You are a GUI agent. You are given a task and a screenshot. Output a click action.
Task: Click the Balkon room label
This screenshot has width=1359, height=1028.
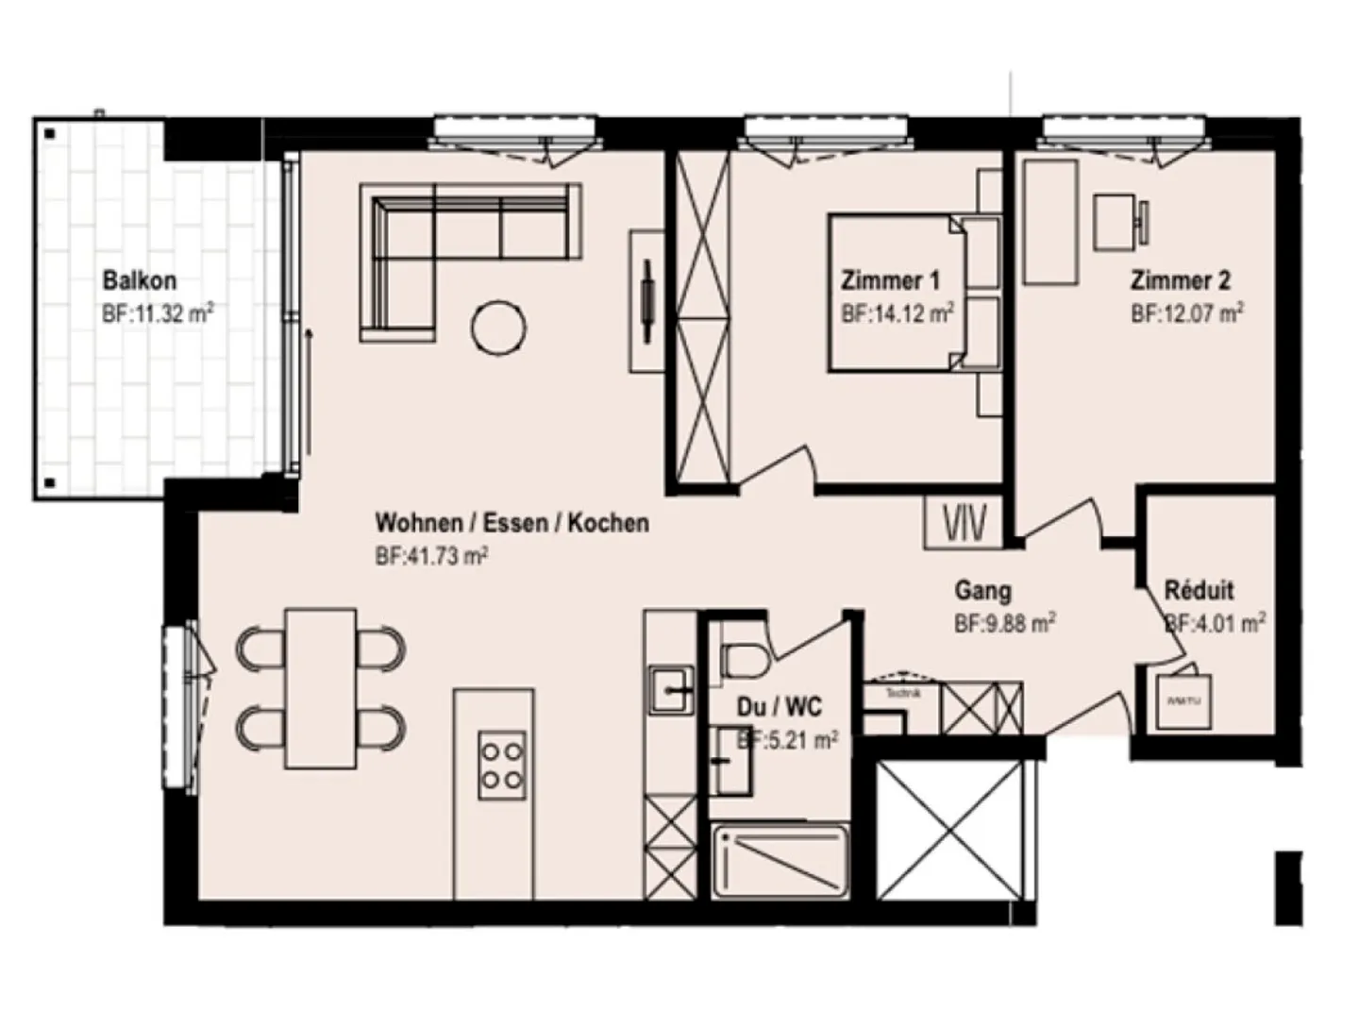(140, 280)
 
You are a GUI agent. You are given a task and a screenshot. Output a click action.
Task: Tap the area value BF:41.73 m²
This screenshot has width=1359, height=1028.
(431, 557)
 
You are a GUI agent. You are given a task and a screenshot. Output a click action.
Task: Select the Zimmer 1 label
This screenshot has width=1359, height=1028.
(890, 280)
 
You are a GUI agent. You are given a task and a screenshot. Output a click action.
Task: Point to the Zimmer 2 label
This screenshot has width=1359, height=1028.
(1180, 280)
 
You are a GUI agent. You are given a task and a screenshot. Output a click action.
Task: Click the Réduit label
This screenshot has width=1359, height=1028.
(1199, 591)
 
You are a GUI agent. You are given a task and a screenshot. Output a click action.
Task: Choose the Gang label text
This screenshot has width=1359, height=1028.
(982, 591)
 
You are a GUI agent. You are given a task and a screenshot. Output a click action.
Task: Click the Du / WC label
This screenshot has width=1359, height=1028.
(779, 707)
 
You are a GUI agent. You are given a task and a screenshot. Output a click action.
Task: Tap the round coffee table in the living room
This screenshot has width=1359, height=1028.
(497, 328)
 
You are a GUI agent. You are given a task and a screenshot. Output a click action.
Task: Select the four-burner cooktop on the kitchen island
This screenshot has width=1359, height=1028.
(501, 764)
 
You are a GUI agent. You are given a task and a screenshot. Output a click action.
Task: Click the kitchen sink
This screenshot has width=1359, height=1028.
(671, 689)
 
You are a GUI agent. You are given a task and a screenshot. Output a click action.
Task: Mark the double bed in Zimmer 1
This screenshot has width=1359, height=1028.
(897, 293)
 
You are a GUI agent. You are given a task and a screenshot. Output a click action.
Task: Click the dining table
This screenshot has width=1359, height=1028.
(321, 687)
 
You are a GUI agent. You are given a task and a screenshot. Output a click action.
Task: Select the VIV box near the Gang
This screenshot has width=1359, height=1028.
(963, 522)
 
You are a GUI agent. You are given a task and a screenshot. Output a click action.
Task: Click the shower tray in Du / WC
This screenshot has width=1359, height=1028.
(780, 861)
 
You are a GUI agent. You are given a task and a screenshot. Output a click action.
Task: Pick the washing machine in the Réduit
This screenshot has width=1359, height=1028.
(1184, 700)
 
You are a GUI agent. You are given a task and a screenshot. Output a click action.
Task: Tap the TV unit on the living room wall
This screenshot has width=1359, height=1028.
(647, 300)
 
